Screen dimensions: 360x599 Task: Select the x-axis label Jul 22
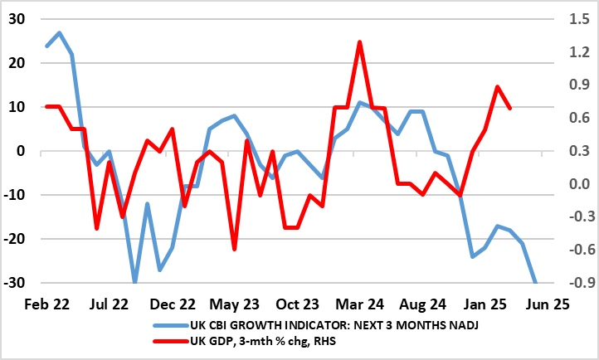(x=108, y=304)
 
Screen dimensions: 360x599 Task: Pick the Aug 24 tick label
(x=421, y=304)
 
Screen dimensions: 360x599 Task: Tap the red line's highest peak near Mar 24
(x=359, y=41)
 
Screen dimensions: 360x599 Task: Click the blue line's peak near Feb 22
(x=59, y=33)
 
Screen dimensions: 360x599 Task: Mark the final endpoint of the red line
(x=509, y=108)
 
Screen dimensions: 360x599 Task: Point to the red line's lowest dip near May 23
(x=235, y=249)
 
